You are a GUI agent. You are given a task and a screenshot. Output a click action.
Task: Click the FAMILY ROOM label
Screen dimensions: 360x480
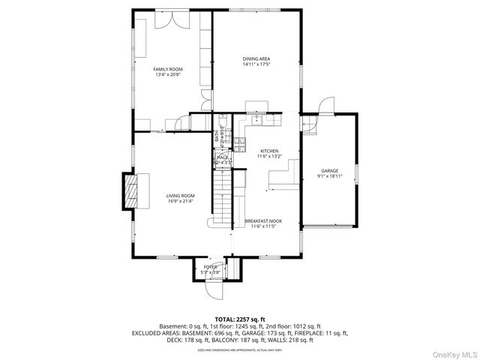tap(169, 69)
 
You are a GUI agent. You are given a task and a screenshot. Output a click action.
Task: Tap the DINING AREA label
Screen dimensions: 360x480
tap(256, 58)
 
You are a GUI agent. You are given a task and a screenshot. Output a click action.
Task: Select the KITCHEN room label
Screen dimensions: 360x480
tap(269, 150)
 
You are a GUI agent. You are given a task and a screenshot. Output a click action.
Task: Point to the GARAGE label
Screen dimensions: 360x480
tap(330, 170)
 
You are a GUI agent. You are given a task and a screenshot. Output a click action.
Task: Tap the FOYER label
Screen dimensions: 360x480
tap(211, 266)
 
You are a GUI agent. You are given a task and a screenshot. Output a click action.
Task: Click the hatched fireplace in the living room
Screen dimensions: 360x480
tap(131, 190)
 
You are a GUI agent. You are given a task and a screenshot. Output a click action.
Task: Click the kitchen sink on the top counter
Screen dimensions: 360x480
tap(256, 118)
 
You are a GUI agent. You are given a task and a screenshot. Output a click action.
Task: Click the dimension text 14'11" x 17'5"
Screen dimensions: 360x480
tap(256, 64)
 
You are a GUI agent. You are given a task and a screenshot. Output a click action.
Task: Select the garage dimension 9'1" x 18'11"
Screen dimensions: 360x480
tap(330, 176)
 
